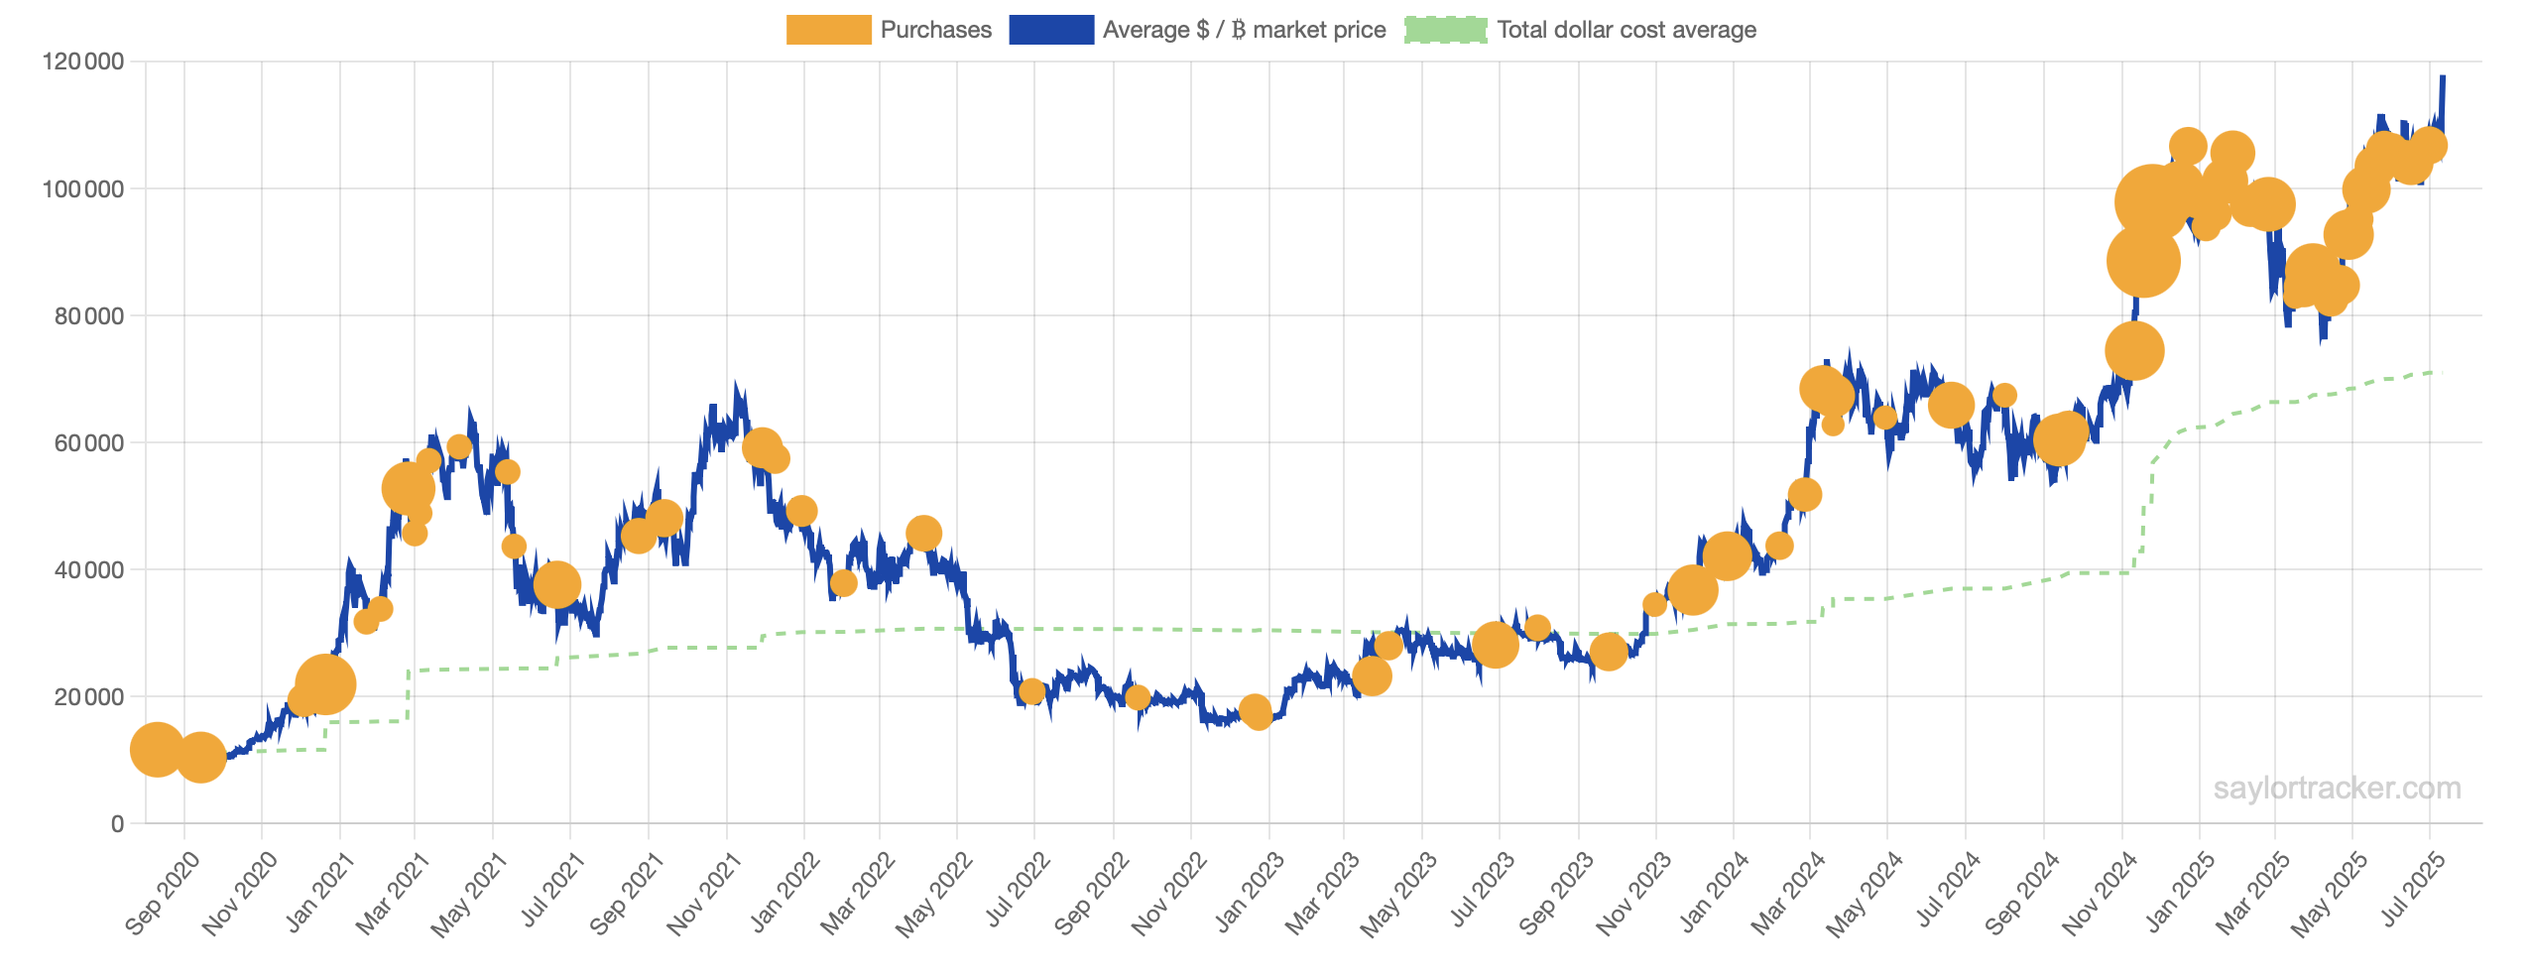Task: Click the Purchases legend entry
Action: (935, 30)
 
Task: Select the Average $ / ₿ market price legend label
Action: (1244, 30)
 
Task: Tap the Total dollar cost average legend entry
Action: (1626, 30)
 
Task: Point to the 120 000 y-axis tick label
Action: (83, 61)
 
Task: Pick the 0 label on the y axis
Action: (118, 823)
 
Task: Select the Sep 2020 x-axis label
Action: (163, 893)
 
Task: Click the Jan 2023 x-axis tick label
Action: (1250, 893)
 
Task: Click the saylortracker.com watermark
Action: (2337, 789)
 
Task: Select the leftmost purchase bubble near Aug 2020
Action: (157, 749)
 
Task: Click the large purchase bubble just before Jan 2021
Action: (324, 683)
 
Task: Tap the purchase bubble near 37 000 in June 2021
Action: (556, 584)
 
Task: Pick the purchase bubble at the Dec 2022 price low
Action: (1256, 711)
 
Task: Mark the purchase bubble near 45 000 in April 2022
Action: (923, 534)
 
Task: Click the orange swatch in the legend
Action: (828, 30)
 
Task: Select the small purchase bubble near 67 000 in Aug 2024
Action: (2004, 395)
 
